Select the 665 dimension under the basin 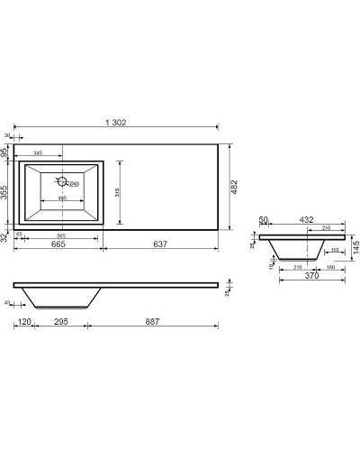coord(58,244)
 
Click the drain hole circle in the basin coord(63,182)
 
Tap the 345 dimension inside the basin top coord(40,154)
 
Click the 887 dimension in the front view coord(154,323)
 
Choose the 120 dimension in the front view coord(24,323)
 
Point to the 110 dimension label coord(333,250)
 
